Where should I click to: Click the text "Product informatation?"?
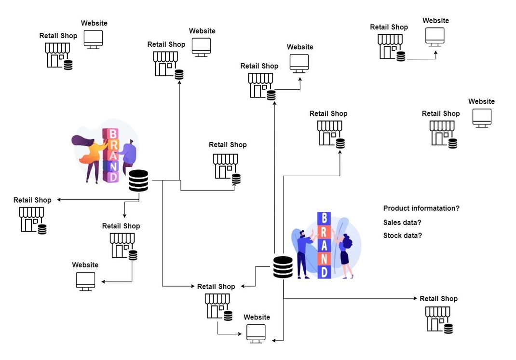click(x=421, y=208)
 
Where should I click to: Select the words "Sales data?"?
click(x=402, y=222)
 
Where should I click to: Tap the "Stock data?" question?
click(x=402, y=235)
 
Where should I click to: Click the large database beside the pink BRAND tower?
click(x=138, y=181)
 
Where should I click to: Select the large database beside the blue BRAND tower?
click(x=283, y=267)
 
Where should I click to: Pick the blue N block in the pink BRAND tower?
click(x=112, y=166)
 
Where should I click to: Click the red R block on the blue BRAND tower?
click(x=324, y=231)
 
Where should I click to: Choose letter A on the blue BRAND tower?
click(x=324, y=245)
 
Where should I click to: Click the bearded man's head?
click(x=301, y=234)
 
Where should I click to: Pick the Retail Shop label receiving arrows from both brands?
click(x=216, y=287)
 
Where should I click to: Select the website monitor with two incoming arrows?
click(x=256, y=333)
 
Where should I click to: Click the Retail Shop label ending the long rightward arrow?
click(x=438, y=299)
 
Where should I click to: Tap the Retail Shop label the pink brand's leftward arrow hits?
click(x=32, y=200)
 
